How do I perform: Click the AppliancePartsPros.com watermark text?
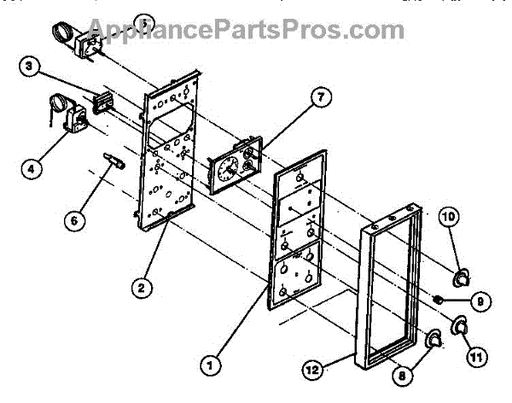click(x=255, y=29)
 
